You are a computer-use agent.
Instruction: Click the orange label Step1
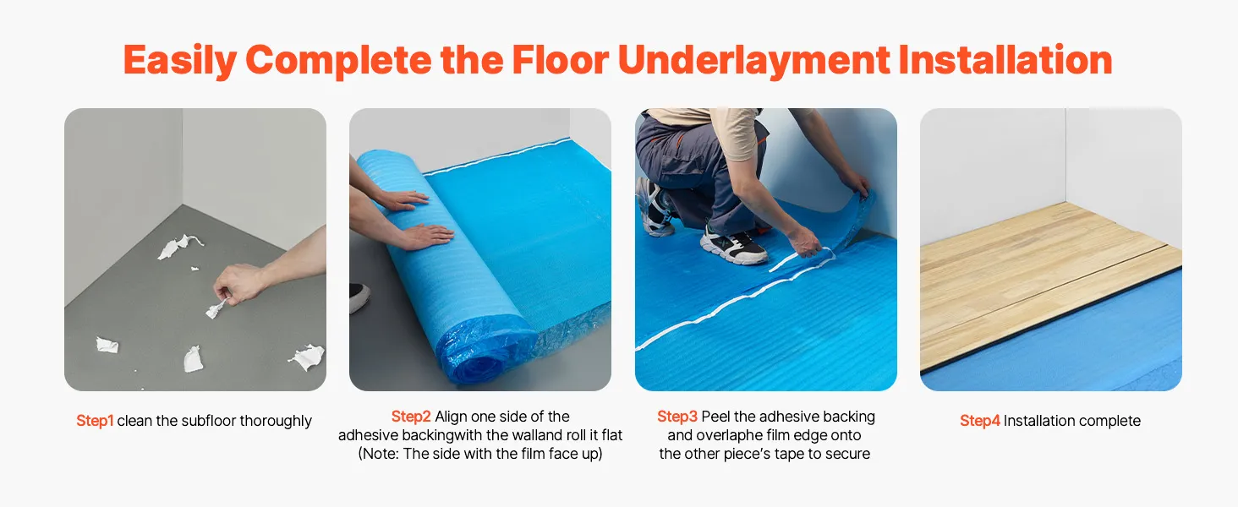[95, 421]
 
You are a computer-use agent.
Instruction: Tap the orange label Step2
[411, 417]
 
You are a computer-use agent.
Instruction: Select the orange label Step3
[677, 417]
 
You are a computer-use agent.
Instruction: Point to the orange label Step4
[980, 421]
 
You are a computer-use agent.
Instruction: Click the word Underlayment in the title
[753, 60]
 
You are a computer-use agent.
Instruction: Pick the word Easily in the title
[179, 61]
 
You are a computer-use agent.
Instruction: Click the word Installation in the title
[1005, 60]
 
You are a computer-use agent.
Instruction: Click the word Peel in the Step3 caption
[715, 417]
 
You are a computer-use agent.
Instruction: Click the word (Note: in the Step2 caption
[379, 454]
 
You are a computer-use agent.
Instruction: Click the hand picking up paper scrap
[238, 285]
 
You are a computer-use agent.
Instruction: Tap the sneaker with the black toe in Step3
[734, 247]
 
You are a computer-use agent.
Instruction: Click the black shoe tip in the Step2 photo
[359, 296]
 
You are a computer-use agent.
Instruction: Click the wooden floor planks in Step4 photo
[1044, 276]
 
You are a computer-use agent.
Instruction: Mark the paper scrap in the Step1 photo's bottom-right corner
[307, 357]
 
